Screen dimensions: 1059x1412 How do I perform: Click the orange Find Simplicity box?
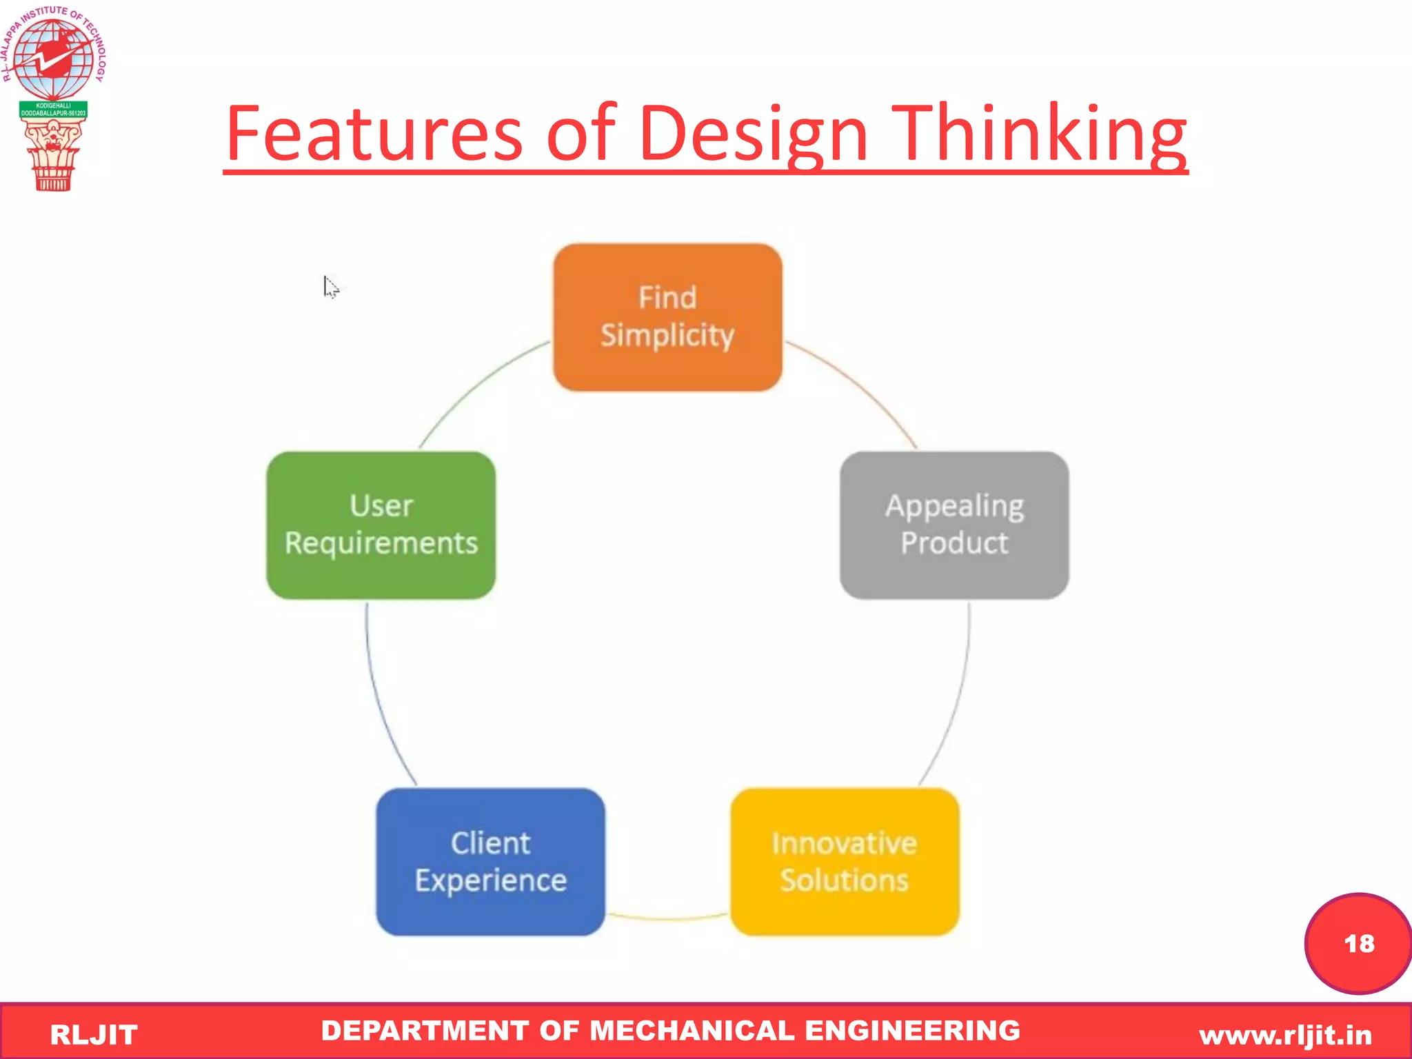click(667, 317)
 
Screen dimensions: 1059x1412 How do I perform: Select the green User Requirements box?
click(381, 525)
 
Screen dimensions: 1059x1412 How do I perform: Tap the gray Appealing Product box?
click(954, 525)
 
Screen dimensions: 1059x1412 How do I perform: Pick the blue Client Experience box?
click(490, 862)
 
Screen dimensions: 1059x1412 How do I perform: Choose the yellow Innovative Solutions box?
click(845, 862)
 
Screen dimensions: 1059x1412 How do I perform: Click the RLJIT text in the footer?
click(94, 1035)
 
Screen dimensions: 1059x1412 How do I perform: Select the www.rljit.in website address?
click(1285, 1035)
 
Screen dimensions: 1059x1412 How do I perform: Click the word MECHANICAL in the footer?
click(692, 1031)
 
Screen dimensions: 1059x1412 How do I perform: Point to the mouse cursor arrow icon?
click(330, 285)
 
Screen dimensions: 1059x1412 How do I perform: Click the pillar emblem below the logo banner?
click(52, 155)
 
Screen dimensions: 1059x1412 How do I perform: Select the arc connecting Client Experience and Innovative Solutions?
click(667, 918)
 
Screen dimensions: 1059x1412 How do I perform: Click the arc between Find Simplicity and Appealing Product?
click(862, 386)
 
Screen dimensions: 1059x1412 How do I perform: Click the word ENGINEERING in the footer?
click(912, 1031)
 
